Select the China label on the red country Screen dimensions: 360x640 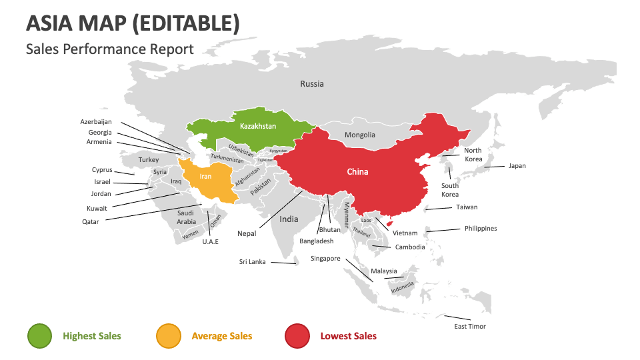click(x=357, y=171)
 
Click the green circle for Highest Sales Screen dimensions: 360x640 click(x=39, y=336)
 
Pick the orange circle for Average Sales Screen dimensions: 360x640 click(x=168, y=336)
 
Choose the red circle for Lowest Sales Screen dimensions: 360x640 click(x=297, y=336)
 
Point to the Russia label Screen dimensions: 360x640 click(x=311, y=84)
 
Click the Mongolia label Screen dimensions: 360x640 click(x=360, y=135)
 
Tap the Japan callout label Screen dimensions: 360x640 click(x=517, y=165)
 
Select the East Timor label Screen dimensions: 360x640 click(x=470, y=327)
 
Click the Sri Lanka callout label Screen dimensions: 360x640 click(x=252, y=262)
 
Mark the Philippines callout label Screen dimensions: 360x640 click(x=481, y=229)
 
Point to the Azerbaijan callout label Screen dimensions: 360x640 click(x=96, y=122)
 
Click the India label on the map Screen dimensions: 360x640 click(x=289, y=219)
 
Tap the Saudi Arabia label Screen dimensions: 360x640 click(x=186, y=217)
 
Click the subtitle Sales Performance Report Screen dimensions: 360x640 click(x=110, y=49)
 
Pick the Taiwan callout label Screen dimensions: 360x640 click(x=467, y=207)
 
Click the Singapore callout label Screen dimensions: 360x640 click(x=325, y=259)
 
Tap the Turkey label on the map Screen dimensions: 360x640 click(x=149, y=160)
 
